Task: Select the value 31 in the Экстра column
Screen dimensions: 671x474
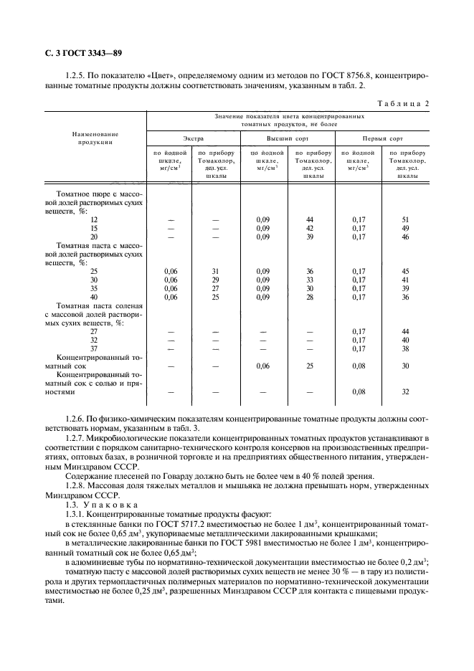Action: [x=214, y=271]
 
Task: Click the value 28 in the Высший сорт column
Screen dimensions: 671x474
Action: [x=310, y=297]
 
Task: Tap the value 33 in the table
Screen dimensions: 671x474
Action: [x=310, y=280]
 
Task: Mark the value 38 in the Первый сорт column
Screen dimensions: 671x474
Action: [x=405, y=349]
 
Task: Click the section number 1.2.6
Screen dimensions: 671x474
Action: [x=75, y=417]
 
